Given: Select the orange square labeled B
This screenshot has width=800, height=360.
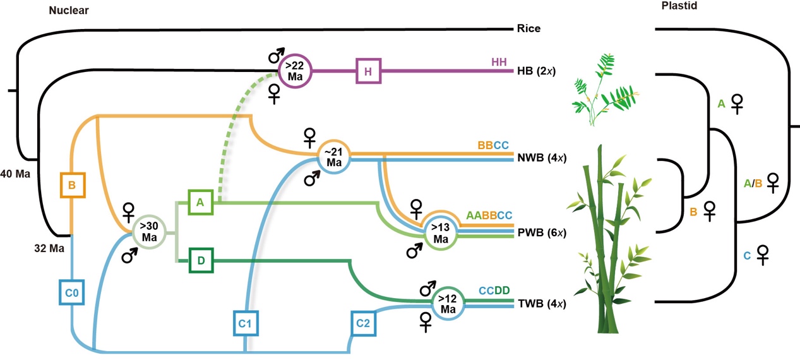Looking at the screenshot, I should (73, 184).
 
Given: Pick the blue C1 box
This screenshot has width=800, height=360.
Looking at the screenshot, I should (245, 323).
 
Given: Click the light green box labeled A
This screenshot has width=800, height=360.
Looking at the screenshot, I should (201, 202).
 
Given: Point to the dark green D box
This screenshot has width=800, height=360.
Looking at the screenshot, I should (201, 260).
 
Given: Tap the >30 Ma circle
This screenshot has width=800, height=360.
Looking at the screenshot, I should (150, 232).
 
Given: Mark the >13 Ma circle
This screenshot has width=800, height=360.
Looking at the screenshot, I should (440, 232).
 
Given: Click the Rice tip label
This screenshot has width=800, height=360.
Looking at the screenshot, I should (528, 28).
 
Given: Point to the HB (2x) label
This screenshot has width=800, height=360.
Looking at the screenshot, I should (540, 71).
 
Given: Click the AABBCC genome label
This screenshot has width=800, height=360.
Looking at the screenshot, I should (489, 215).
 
